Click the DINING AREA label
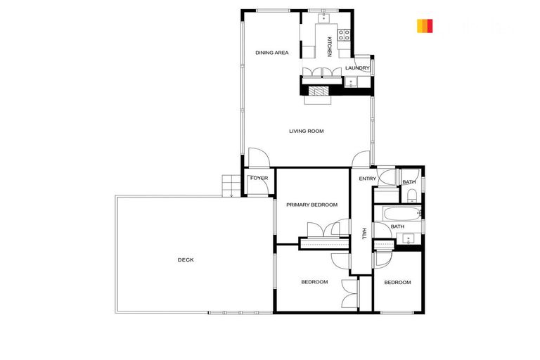(272, 53)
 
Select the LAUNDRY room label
(357, 68)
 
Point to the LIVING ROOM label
(306, 131)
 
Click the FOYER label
(259, 178)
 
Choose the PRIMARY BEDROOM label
(311, 205)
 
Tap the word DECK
(186, 260)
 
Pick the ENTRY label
(368, 179)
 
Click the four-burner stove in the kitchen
(345, 33)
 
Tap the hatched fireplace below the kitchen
(320, 91)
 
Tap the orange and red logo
(424, 26)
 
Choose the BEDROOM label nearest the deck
(314, 282)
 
